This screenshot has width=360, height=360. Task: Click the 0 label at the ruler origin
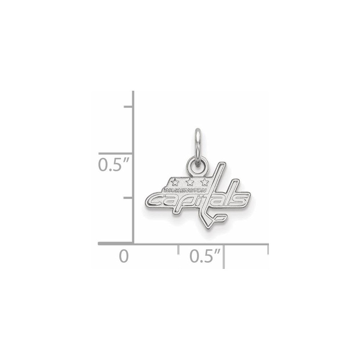tap(124, 257)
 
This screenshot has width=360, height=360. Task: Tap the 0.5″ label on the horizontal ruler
tap(204, 257)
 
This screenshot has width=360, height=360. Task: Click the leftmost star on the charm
tap(175, 181)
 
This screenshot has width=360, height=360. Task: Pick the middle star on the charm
tap(189, 181)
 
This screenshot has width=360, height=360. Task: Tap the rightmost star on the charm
tap(204, 181)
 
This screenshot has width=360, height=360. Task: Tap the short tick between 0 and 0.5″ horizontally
tap(179, 249)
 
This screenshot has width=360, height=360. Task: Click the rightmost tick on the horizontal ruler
tap(267, 250)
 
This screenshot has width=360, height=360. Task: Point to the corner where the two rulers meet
tap(134, 244)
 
